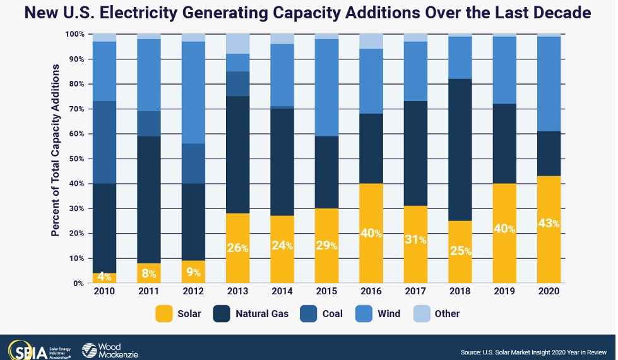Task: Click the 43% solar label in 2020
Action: pos(549,223)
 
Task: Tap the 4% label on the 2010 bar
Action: pos(105,276)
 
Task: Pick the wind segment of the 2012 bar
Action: pos(193,92)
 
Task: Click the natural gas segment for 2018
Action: pos(460,150)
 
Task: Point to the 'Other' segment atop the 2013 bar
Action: pos(238,44)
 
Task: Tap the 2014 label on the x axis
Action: pos(282,292)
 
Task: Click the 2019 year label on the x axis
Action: pos(504,292)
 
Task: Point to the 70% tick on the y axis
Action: pos(75,109)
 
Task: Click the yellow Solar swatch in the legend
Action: pos(164,313)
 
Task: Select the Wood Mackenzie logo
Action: pos(109,350)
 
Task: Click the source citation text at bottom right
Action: pos(534,351)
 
